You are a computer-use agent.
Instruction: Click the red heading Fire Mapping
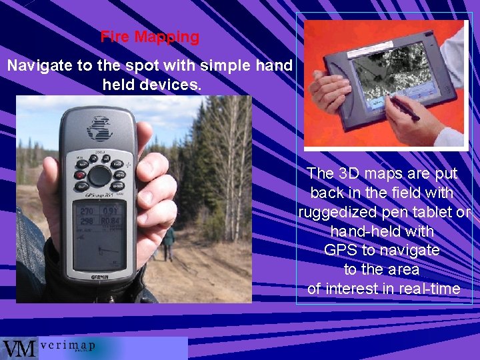pos(149,37)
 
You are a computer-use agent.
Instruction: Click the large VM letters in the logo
pos(19,349)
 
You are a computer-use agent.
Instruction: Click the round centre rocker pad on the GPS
pos(100,175)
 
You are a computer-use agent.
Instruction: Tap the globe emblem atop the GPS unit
pos(100,127)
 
